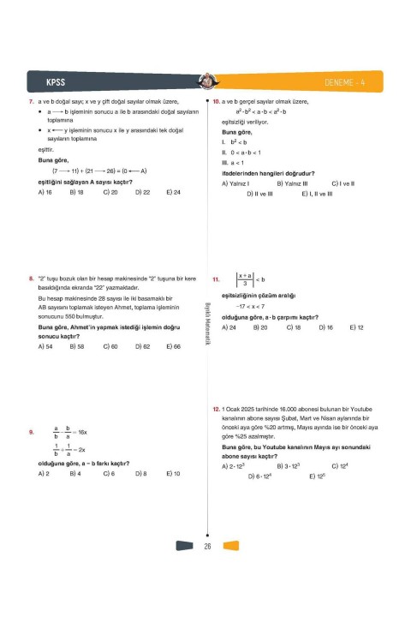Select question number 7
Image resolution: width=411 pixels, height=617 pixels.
31,103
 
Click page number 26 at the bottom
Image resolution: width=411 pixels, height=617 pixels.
207,546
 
